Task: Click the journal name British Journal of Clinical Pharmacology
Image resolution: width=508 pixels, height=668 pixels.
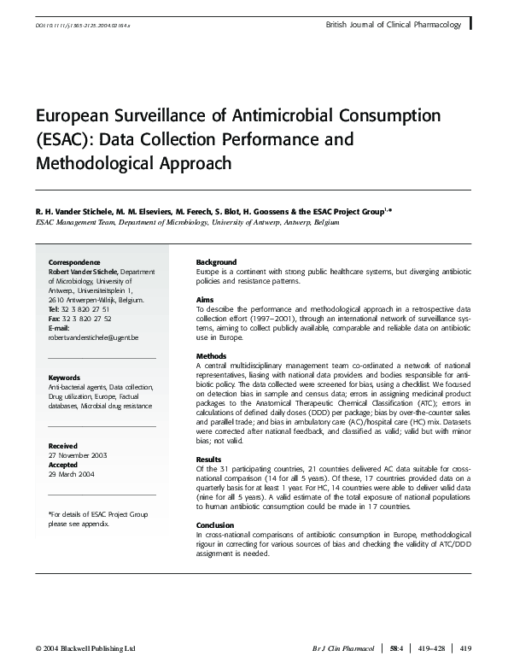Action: click(394, 26)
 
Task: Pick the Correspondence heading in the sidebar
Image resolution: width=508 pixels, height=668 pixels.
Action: click(75, 261)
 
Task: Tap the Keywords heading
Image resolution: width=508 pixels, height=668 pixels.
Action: click(65, 377)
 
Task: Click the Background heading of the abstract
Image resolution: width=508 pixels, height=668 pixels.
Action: click(217, 261)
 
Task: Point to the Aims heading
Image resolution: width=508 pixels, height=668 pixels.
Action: click(205, 300)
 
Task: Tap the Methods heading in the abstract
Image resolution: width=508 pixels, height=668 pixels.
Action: click(211, 355)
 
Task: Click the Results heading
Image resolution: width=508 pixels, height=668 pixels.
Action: click(209, 459)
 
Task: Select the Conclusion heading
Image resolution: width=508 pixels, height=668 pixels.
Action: click(215, 525)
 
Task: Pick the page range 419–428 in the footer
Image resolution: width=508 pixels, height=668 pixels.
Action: click(435, 649)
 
